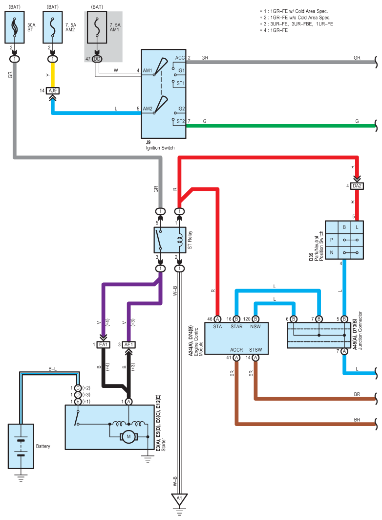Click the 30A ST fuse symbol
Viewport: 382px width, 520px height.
coord(15,27)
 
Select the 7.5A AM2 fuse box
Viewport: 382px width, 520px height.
coord(53,27)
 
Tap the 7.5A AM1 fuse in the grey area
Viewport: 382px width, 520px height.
coord(97,27)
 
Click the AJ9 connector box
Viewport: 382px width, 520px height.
coord(53,90)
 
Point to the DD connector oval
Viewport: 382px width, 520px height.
coord(97,59)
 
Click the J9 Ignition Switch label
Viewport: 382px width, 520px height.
coord(160,145)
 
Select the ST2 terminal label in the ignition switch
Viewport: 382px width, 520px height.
coord(180,121)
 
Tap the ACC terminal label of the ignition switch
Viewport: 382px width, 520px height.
coord(180,58)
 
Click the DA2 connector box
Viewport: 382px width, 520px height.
coord(357,186)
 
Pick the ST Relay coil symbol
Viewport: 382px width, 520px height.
coord(180,240)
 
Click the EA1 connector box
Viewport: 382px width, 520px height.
coord(103,345)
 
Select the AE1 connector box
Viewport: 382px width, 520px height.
coord(129,345)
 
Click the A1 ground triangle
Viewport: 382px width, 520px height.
coord(179,499)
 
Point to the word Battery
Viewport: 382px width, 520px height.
coord(43,446)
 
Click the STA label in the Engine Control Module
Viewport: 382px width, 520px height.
coord(217,327)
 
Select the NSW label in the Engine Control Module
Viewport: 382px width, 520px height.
coord(255,327)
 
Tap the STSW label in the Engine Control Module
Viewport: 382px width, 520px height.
coord(255,350)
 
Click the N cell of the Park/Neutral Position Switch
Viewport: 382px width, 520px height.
coord(332,253)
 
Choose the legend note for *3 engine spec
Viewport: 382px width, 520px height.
coord(297,24)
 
